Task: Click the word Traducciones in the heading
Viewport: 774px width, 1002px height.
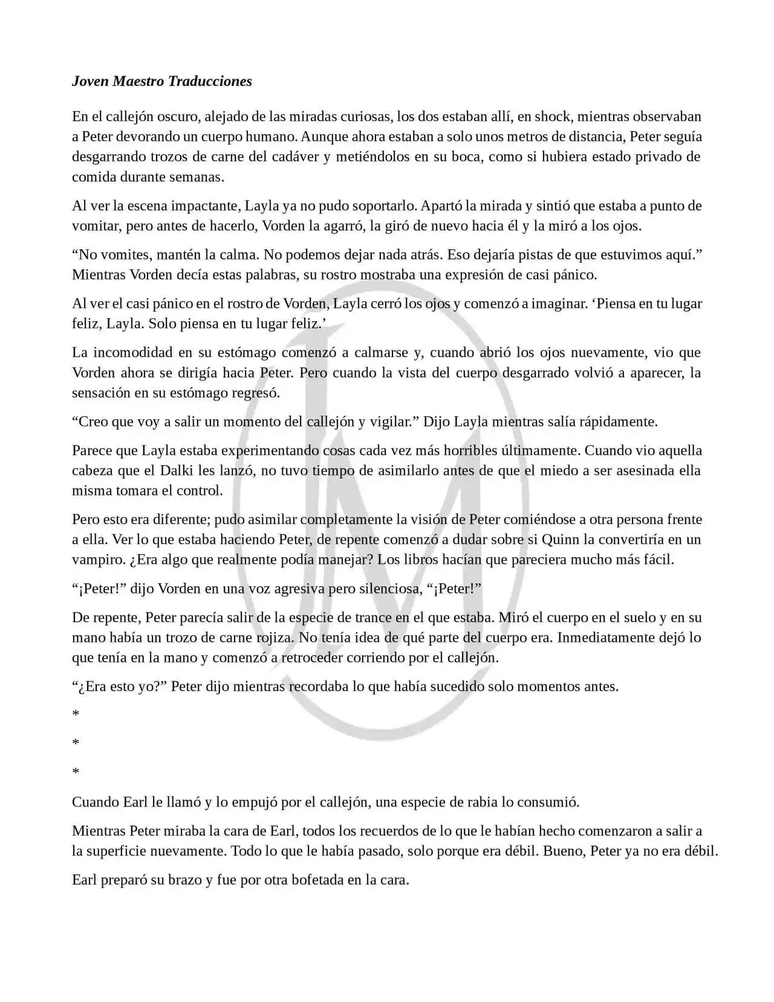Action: [209, 81]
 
